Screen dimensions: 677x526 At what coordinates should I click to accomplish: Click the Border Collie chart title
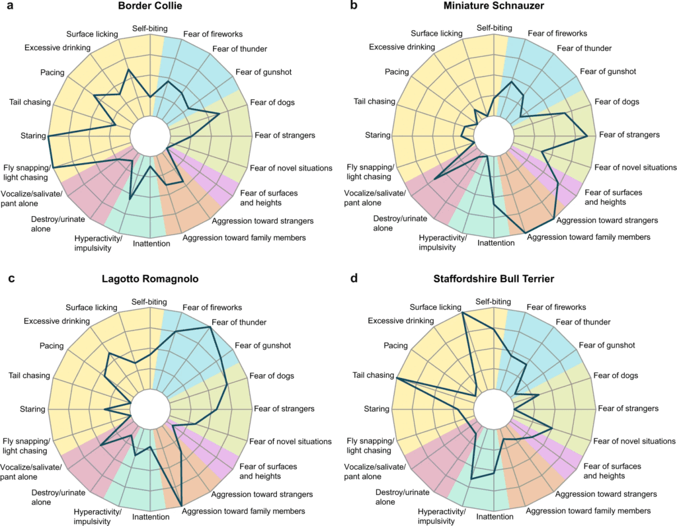(150, 5)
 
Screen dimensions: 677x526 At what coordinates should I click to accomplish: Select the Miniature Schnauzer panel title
(493, 5)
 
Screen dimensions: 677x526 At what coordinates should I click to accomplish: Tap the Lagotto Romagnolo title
(150, 279)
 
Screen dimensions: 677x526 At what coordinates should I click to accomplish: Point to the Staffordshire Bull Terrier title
(493, 279)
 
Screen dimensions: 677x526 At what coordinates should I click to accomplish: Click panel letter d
(354, 278)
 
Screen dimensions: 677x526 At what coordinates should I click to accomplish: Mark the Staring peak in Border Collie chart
(49, 136)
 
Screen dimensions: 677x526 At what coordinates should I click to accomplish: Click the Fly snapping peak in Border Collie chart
(53, 167)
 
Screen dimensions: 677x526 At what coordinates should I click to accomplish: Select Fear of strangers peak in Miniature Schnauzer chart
(587, 136)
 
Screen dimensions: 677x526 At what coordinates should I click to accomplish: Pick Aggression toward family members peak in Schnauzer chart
(526, 233)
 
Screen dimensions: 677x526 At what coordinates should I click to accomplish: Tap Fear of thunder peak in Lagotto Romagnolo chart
(210, 328)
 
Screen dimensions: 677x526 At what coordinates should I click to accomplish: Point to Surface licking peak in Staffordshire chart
(462, 313)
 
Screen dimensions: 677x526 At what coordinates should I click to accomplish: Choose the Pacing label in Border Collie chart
(52, 73)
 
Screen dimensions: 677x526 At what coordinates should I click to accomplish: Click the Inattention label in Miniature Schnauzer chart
(496, 243)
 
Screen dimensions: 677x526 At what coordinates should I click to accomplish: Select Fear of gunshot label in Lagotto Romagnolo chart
(263, 346)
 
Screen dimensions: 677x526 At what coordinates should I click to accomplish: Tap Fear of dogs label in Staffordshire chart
(616, 375)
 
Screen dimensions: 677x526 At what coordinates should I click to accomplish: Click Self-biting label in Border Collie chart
(150, 28)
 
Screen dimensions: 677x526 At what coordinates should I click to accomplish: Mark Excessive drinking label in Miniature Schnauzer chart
(402, 47)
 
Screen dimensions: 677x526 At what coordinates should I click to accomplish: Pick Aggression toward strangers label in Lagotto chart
(262, 494)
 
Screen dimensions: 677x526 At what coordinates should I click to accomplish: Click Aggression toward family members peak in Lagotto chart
(181, 506)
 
